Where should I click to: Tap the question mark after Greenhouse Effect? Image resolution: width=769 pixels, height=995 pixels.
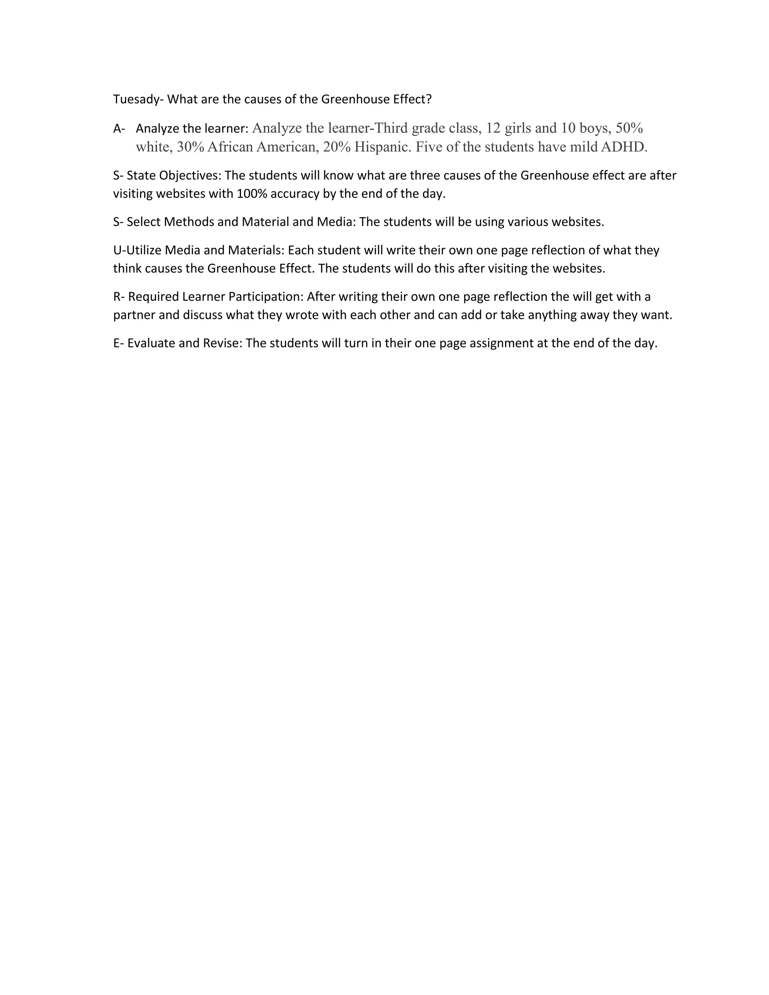[x=428, y=100]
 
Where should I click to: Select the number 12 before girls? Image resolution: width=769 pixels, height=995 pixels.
[x=493, y=128]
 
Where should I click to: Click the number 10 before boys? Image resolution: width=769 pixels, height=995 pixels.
[x=568, y=128]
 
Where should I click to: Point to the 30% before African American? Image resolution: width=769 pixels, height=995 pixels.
[x=190, y=147]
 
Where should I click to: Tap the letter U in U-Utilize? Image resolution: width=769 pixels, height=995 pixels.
[x=117, y=250]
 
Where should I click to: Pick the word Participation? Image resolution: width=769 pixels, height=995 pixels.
[x=265, y=297]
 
